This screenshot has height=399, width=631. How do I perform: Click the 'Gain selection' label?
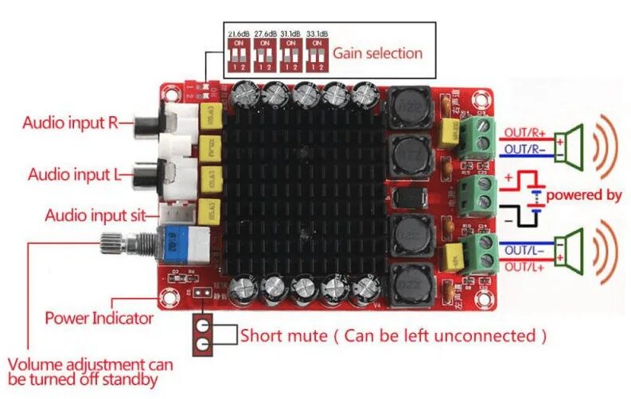click(377, 53)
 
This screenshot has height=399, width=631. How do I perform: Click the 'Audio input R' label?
click(75, 123)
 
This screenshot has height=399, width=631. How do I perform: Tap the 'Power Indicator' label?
click(99, 318)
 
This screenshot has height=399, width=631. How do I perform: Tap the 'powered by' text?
click(583, 194)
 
